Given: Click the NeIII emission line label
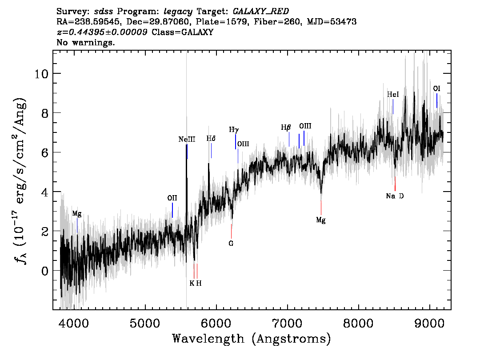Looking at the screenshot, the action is (x=187, y=140).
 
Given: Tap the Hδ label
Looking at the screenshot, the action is (x=211, y=139).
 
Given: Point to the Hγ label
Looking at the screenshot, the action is (x=234, y=130).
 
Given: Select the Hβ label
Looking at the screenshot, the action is (x=286, y=128).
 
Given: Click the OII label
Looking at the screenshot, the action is (x=172, y=198).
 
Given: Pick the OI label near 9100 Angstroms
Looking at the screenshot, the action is (x=436, y=89).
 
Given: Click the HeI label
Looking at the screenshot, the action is (x=393, y=95).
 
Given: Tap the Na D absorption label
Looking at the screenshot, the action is (x=395, y=196).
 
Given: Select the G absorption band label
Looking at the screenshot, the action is (x=231, y=244).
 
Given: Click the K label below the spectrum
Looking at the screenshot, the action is (x=192, y=284).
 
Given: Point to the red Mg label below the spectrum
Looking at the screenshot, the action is (x=321, y=220).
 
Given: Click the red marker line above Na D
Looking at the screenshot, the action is (x=395, y=184).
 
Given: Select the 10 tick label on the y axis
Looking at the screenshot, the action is (x=41, y=74).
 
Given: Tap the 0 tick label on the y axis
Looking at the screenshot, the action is (x=45, y=271).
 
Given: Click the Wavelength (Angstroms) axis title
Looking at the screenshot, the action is (x=252, y=339).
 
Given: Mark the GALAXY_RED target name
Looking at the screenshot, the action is (x=261, y=12).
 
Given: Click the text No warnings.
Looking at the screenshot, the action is (x=85, y=42).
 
